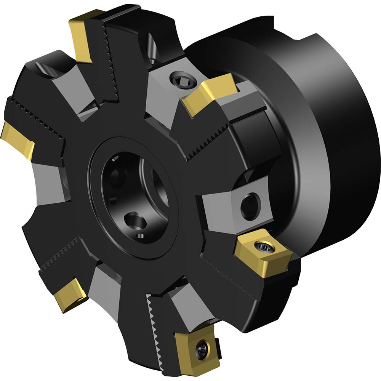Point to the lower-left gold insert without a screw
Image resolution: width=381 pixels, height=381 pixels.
coord(71,295)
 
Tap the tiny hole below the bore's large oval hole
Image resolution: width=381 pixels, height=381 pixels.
coord(142,234)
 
